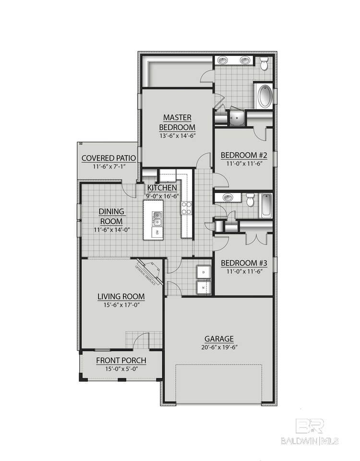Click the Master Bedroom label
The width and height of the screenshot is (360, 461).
click(177, 122)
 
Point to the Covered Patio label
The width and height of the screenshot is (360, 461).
click(108, 158)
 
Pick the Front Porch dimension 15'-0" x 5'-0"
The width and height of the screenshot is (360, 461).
click(121, 369)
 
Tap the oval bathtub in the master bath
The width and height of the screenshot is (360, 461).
click(264, 96)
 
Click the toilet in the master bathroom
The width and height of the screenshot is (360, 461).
click(264, 64)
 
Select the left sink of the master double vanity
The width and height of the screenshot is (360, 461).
click(223, 61)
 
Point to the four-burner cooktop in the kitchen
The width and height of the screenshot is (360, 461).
click(186, 207)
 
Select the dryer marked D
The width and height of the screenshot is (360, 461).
click(203, 272)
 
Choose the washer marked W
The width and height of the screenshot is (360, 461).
click(203, 287)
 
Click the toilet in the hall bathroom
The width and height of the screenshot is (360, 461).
click(249, 199)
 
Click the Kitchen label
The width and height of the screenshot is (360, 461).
click(162, 187)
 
